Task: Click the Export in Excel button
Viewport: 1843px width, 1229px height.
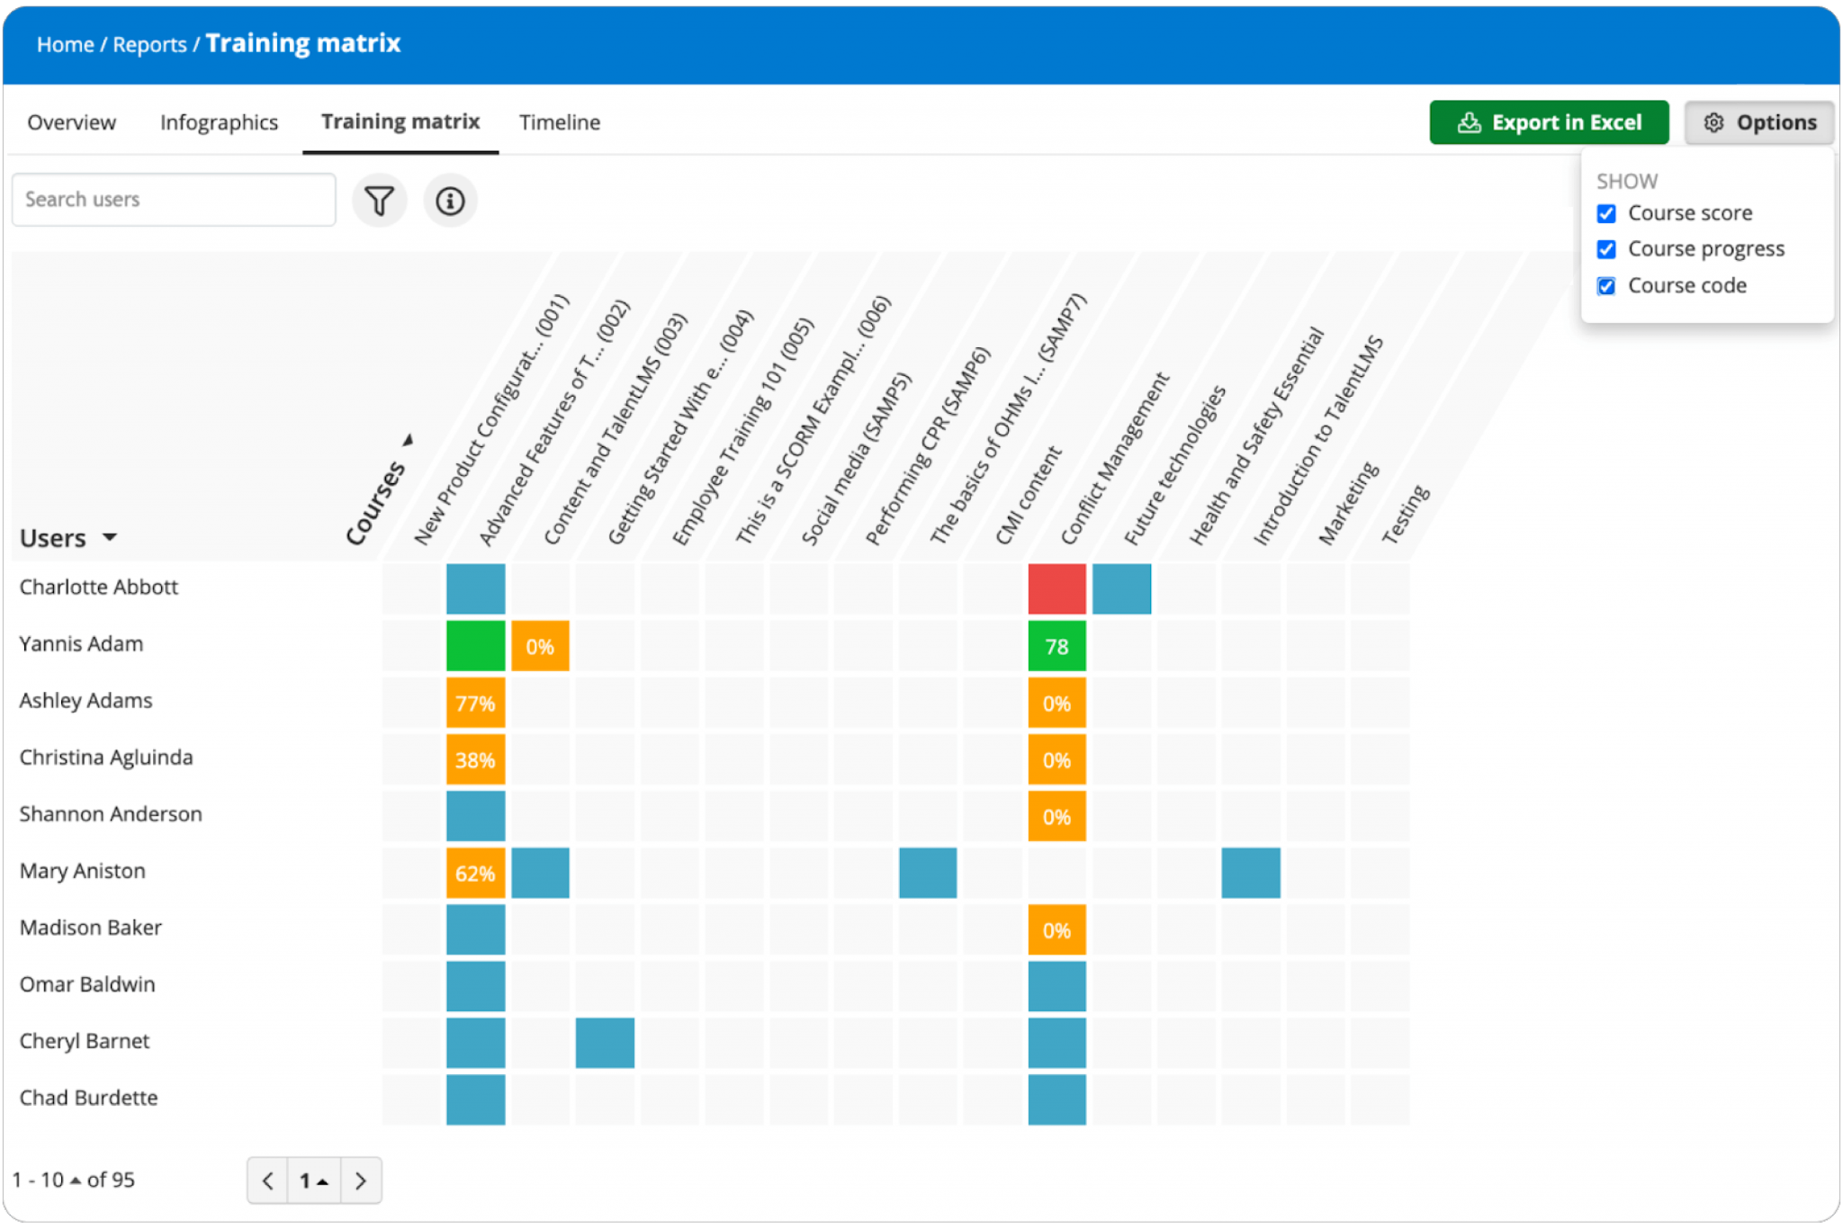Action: click(x=1548, y=122)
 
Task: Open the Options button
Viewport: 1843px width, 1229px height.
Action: click(x=1759, y=122)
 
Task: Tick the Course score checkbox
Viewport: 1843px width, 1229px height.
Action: click(x=1606, y=214)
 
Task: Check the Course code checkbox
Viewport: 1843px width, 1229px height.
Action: click(x=1606, y=286)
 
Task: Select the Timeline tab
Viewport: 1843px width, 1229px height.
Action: click(x=559, y=122)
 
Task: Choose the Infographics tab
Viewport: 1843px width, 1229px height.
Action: click(x=219, y=122)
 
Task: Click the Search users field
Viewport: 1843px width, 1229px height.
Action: click(x=174, y=200)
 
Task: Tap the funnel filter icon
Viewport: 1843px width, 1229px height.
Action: click(x=380, y=201)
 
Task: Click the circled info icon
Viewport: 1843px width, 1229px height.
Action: click(x=450, y=201)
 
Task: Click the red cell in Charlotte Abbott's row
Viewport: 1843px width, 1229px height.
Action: click(x=1056, y=589)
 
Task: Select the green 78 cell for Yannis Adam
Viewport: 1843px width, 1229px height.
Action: click(x=1056, y=646)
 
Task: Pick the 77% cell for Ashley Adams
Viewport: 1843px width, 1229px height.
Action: click(x=475, y=703)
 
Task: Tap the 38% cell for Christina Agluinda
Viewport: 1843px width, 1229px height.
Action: click(x=475, y=759)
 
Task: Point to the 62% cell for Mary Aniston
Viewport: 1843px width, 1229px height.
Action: click(x=475, y=873)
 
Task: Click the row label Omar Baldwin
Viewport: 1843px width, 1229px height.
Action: click(x=87, y=984)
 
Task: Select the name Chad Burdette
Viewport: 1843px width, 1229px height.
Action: click(x=88, y=1098)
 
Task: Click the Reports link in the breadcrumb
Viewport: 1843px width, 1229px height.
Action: click(x=149, y=45)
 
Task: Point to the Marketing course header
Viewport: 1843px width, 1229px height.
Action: click(x=1347, y=504)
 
